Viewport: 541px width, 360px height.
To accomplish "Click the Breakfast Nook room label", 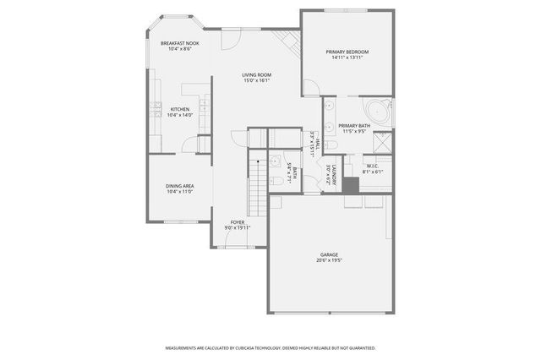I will [180, 43].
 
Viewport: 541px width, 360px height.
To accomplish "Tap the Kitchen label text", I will [180, 109].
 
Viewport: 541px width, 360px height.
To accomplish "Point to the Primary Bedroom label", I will [347, 52].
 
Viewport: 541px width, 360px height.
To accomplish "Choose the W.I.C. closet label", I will [373, 166].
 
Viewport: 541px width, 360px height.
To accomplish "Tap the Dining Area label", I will [180, 186].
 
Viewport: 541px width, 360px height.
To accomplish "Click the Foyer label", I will [238, 222].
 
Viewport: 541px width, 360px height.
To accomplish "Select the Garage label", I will [329, 254].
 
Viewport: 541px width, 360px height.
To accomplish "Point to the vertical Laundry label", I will [335, 176].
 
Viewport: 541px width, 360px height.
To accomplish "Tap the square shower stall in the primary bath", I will [383, 144].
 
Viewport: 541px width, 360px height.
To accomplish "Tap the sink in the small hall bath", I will [275, 161].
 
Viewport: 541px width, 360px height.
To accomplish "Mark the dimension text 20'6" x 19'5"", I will [329, 260].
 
